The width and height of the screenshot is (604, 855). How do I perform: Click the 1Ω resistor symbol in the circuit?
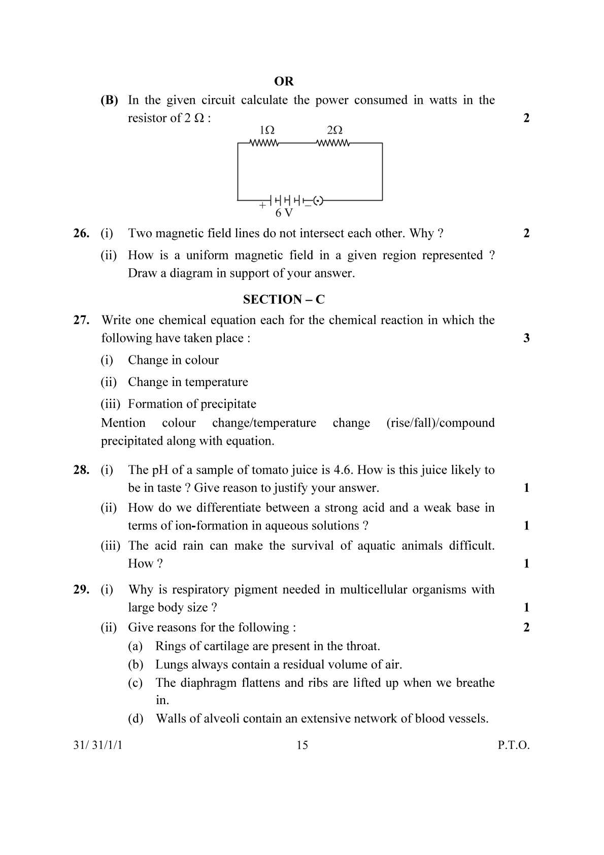coord(264,143)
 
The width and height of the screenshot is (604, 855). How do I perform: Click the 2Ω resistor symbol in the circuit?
coord(333,143)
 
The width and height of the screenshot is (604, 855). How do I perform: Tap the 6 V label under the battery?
coord(284,213)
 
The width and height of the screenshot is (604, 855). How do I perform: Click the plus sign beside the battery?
coord(262,206)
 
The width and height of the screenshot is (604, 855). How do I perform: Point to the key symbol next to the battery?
coord(318,201)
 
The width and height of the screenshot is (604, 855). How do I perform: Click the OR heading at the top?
coord(284,81)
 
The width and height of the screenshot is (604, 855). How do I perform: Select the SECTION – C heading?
coord(284,299)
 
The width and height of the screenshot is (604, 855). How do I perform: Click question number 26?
coord(81,233)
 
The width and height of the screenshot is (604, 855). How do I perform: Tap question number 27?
coord(81,320)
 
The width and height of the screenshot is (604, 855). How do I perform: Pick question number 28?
coord(81,470)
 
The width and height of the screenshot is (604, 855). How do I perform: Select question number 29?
coord(81,589)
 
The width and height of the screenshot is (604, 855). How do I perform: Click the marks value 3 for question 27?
coord(526,338)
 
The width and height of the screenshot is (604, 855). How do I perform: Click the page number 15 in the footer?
coord(302,745)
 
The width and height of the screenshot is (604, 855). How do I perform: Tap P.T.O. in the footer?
coord(513,745)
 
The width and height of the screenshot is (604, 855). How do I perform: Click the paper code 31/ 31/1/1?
coord(98,745)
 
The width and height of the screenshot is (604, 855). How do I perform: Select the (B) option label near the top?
coord(109,100)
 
